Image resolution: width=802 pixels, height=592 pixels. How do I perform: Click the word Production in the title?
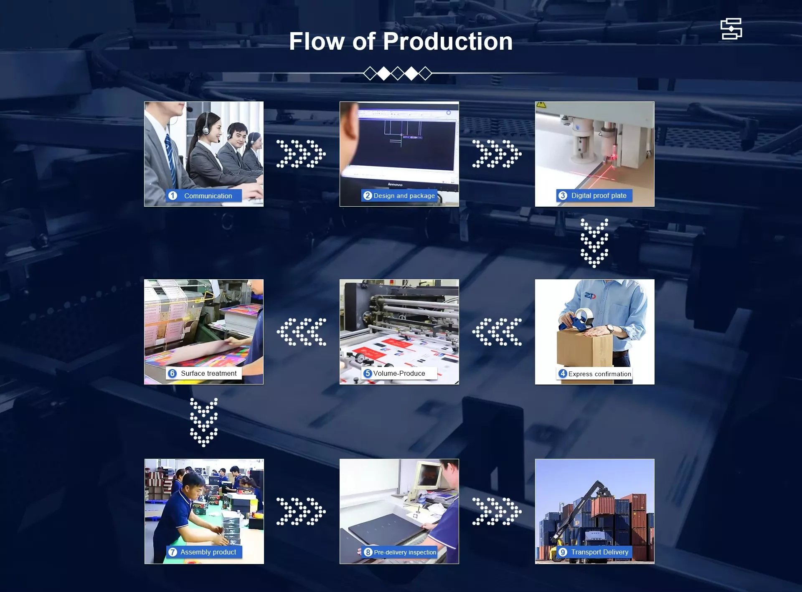point(448,41)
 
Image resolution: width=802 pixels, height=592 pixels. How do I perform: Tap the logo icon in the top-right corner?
point(731,29)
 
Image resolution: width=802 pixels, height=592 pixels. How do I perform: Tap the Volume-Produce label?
point(399,373)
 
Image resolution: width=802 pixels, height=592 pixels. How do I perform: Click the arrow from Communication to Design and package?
point(301,154)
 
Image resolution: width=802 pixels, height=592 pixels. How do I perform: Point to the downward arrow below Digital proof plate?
point(594,243)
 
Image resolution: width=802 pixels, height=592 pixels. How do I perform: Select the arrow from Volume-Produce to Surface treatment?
point(301,332)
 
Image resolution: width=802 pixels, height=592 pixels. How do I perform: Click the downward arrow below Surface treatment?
point(204,422)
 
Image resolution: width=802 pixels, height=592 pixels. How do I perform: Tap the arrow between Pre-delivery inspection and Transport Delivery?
point(497,511)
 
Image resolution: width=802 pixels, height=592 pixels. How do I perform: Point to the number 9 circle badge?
point(563,552)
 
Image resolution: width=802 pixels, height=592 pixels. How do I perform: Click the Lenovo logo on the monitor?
point(395,185)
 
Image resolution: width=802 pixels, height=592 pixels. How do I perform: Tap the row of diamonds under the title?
point(398,73)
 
